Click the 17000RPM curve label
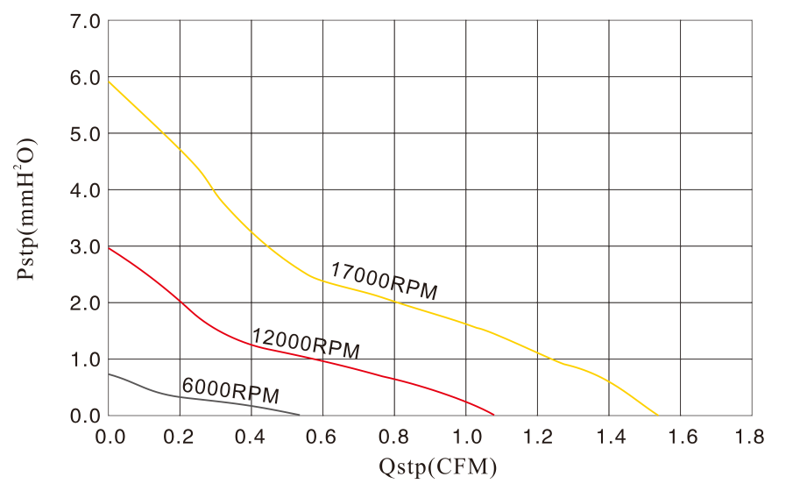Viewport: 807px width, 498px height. click(x=383, y=281)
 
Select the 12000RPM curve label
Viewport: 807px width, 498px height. click(x=306, y=343)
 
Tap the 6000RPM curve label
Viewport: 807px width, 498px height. click(x=230, y=390)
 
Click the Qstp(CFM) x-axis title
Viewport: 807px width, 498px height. click(x=438, y=467)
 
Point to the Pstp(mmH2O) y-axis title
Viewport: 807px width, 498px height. click(x=26, y=209)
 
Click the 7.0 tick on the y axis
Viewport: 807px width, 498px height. click(x=86, y=21)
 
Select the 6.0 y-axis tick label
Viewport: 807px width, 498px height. click(x=86, y=77)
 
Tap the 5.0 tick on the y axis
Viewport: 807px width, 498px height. click(x=86, y=133)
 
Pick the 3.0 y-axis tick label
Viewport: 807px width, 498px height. click(x=86, y=246)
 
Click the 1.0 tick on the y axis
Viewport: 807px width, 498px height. click(x=86, y=359)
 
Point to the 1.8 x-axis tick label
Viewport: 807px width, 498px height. click(x=751, y=436)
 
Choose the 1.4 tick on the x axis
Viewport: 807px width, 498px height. click(x=608, y=436)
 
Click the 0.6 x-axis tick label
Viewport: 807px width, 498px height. click(x=322, y=436)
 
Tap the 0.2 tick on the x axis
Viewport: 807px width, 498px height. click(x=180, y=436)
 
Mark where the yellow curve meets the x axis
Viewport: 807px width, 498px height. click(x=657, y=415)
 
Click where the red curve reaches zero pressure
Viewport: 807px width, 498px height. click(x=494, y=415)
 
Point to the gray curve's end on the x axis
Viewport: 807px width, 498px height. click(x=300, y=415)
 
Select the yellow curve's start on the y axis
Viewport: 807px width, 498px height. click(x=109, y=82)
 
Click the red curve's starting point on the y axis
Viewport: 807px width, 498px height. click(x=109, y=247)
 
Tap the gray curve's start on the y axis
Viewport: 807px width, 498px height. click(x=109, y=374)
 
